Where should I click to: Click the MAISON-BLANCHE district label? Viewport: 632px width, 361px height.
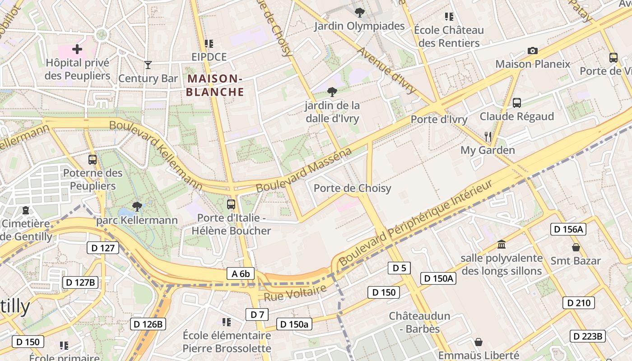(215, 85)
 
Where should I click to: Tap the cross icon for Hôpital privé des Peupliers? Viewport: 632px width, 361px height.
(77, 49)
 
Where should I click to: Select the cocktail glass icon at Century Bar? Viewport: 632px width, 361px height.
(148, 65)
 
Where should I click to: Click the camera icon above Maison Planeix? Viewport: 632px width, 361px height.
(533, 51)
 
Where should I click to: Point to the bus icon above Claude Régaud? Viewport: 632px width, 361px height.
(517, 103)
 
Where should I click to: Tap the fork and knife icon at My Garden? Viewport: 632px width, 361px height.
(488, 136)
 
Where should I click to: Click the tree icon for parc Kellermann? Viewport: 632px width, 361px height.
(137, 207)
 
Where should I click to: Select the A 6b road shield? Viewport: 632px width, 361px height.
(241, 273)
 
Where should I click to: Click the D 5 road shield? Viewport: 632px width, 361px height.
(400, 268)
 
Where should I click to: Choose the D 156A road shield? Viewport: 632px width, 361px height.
(568, 229)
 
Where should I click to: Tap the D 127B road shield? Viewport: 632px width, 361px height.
(79, 282)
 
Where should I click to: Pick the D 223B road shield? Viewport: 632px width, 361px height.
(587, 336)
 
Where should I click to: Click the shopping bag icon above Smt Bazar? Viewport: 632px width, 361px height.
(576, 247)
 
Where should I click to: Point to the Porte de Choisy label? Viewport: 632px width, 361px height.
(352, 188)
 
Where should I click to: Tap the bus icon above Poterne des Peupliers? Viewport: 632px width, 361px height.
(93, 159)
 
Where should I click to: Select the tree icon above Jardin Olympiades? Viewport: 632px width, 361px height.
(359, 12)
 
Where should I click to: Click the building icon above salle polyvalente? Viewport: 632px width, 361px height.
(502, 245)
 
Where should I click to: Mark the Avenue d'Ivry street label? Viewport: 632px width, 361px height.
(386, 70)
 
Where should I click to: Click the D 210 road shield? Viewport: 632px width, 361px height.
(578, 303)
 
